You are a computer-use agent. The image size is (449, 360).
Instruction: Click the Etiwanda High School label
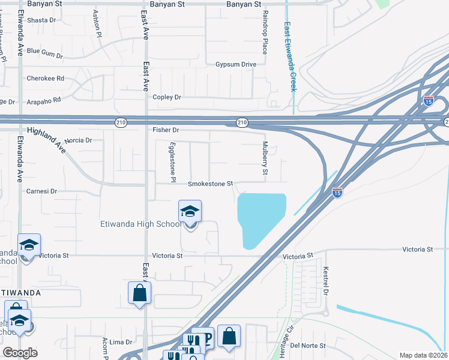pyautogui.click(x=140, y=224)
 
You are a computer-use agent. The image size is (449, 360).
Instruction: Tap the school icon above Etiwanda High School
pyautogui.click(x=190, y=212)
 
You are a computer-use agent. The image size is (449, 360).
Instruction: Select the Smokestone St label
pyautogui.click(x=210, y=184)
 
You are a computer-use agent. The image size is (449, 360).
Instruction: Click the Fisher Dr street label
pyautogui.click(x=166, y=130)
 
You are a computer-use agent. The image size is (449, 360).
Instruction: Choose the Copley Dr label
pyautogui.click(x=167, y=97)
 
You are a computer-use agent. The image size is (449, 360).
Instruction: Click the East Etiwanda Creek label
pyautogui.click(x=289, y=57)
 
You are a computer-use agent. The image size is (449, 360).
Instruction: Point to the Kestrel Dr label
pyautogui.click(x=327, y=281)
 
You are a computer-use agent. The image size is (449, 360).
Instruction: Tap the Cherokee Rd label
pyautogui.click(x=45, y=79)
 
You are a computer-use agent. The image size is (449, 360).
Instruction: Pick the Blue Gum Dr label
pyautogui.click(x=44, y=53)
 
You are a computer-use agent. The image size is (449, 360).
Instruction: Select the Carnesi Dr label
pyautogui.click(x=41, y=191)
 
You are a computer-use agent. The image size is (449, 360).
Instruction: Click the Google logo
pyautogui.click(x=20, y=353)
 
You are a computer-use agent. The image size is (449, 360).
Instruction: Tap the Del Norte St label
pyautogui.click(x=307, y=346)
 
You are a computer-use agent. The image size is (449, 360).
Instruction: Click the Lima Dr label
pyautogui.click(x=120, y=342)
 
